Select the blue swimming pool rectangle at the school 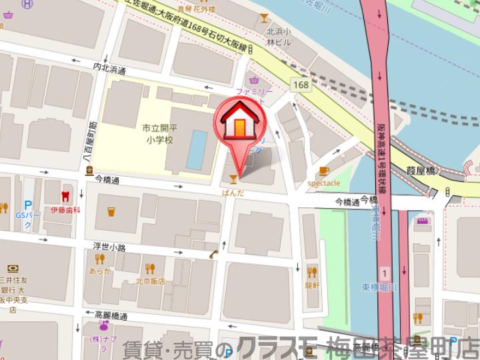[195, 149]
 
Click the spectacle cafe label [324, 183]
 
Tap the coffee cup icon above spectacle [324, 171]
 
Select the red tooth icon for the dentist [65, 197]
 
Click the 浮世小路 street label [109, 247]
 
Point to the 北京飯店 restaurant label [150, 281]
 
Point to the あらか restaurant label [99, 271]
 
